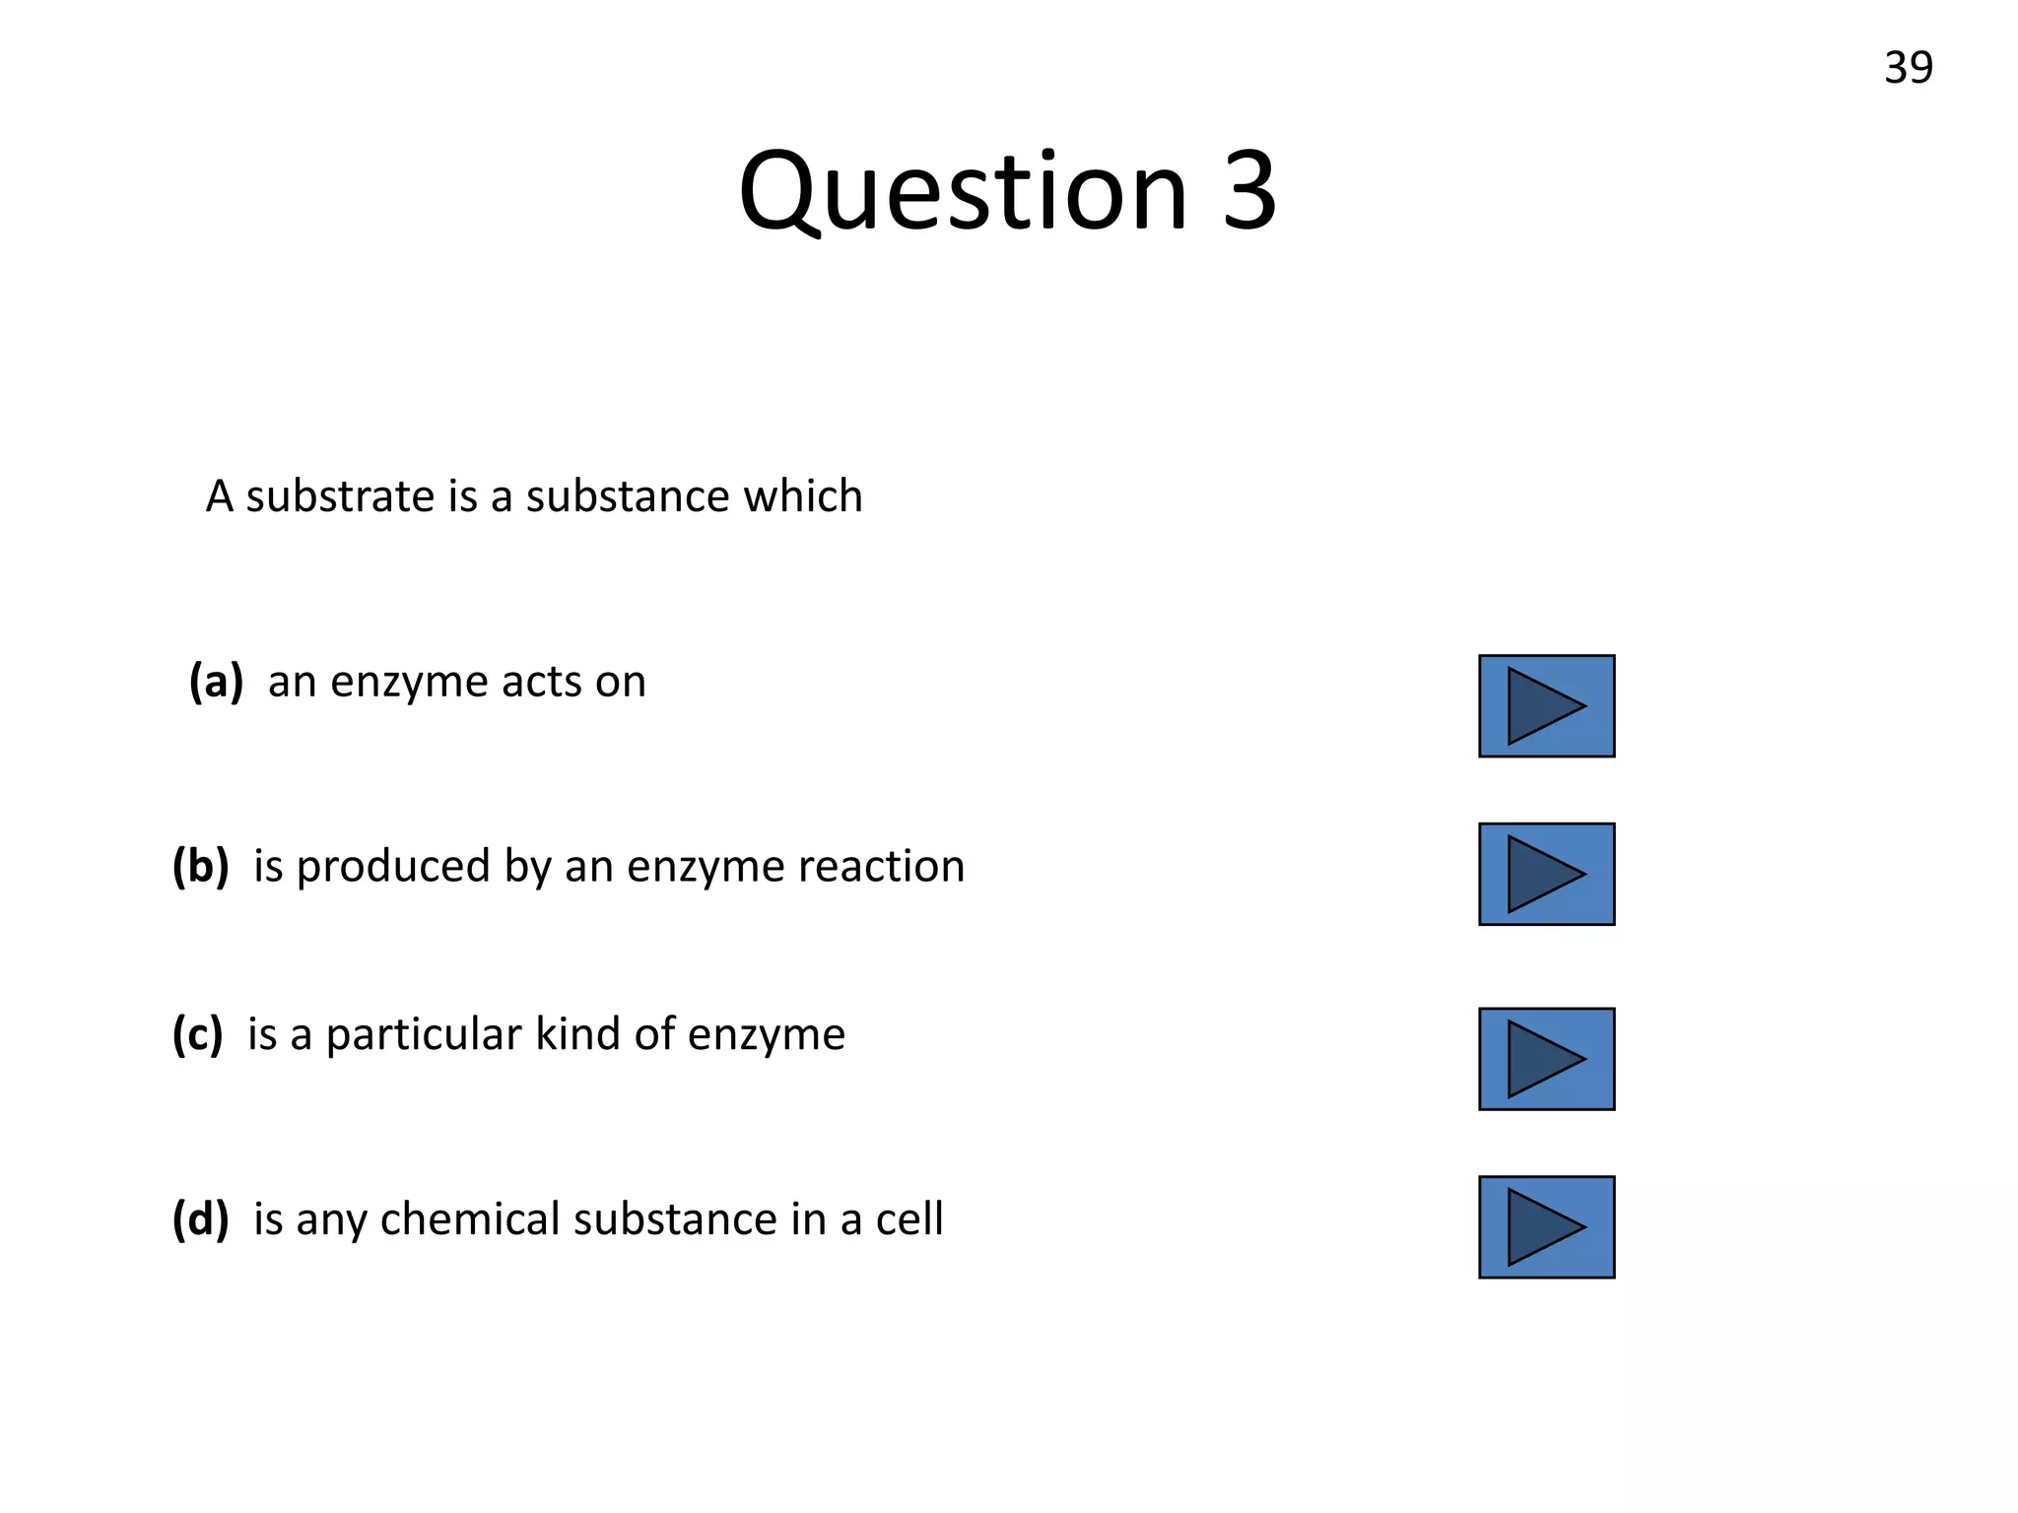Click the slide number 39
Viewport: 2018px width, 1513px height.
point(1908,68)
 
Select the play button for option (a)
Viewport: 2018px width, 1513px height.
point(1546,706)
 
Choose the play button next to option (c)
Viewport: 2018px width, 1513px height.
point(1546,1059)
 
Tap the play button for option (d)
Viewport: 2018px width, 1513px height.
point(1546,1227)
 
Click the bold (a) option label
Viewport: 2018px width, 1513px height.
point(216,682)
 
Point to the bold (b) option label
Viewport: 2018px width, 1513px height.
point(200,867)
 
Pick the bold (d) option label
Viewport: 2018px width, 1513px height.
point(200,1219)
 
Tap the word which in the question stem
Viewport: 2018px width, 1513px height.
point(802,496)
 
